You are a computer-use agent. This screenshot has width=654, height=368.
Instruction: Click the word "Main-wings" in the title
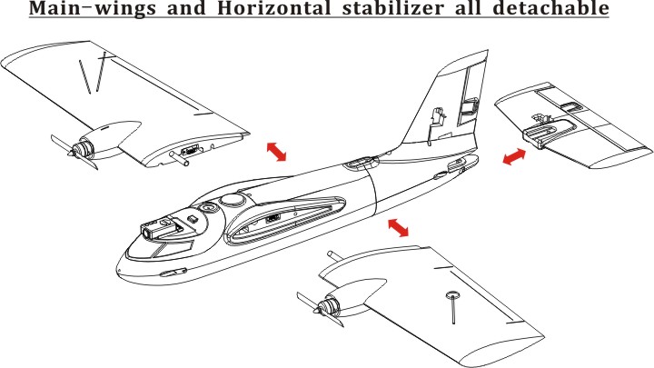[93, 8]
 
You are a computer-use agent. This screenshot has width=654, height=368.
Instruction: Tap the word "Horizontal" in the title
[274, 8]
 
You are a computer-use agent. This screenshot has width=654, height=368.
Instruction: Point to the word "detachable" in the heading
[550, 8]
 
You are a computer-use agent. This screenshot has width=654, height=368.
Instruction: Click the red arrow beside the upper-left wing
[276, 152]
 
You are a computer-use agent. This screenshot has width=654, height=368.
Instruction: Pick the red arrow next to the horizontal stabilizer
[514, 156]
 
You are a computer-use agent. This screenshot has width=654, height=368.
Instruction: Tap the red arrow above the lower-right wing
[399, 227]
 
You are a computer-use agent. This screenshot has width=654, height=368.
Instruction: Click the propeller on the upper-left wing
[74, 152]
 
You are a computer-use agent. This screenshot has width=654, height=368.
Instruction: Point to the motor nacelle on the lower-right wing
[355, 295]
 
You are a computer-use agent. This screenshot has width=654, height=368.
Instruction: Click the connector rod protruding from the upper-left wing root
[179, 158]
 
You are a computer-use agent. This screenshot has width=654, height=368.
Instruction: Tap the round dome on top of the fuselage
[233, 199]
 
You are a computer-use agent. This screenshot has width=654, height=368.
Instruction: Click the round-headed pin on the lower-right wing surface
[453, 308]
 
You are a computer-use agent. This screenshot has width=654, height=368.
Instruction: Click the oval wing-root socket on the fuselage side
[285, 221]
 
